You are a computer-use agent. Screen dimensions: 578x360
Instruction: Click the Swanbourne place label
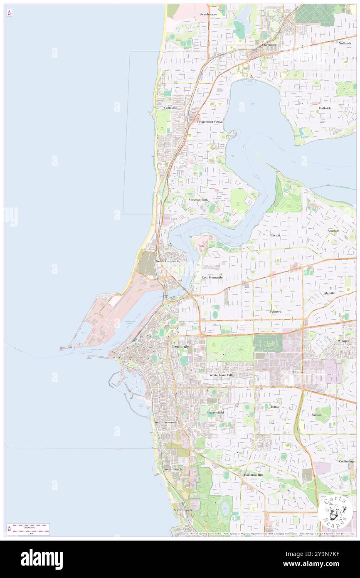[x=208, y=14]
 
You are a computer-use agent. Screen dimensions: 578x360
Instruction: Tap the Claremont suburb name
[x=269, y=44]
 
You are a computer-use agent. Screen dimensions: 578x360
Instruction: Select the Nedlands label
[x=345, y=43]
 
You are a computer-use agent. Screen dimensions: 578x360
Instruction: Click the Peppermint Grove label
[x=210, y=122]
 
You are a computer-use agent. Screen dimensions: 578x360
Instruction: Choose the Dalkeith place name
[x=325, y=108]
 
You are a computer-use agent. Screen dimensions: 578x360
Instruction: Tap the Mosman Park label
[x=198, y=200]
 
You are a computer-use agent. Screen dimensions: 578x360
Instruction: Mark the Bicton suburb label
[x=276, y=235]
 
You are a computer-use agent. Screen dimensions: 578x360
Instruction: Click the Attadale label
[x=333, y=230]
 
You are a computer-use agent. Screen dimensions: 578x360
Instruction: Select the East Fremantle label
[x=212, y=277]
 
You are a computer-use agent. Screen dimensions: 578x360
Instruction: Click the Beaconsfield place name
[x=215, y=413]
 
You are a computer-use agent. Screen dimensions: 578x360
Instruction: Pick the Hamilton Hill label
[x=253, y=475]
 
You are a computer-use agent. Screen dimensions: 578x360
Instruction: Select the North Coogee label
[x=183, y=510]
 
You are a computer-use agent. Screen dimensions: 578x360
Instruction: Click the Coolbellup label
[x=346, y=461]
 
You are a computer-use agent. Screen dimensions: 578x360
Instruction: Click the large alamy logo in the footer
[x=42, y=559]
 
